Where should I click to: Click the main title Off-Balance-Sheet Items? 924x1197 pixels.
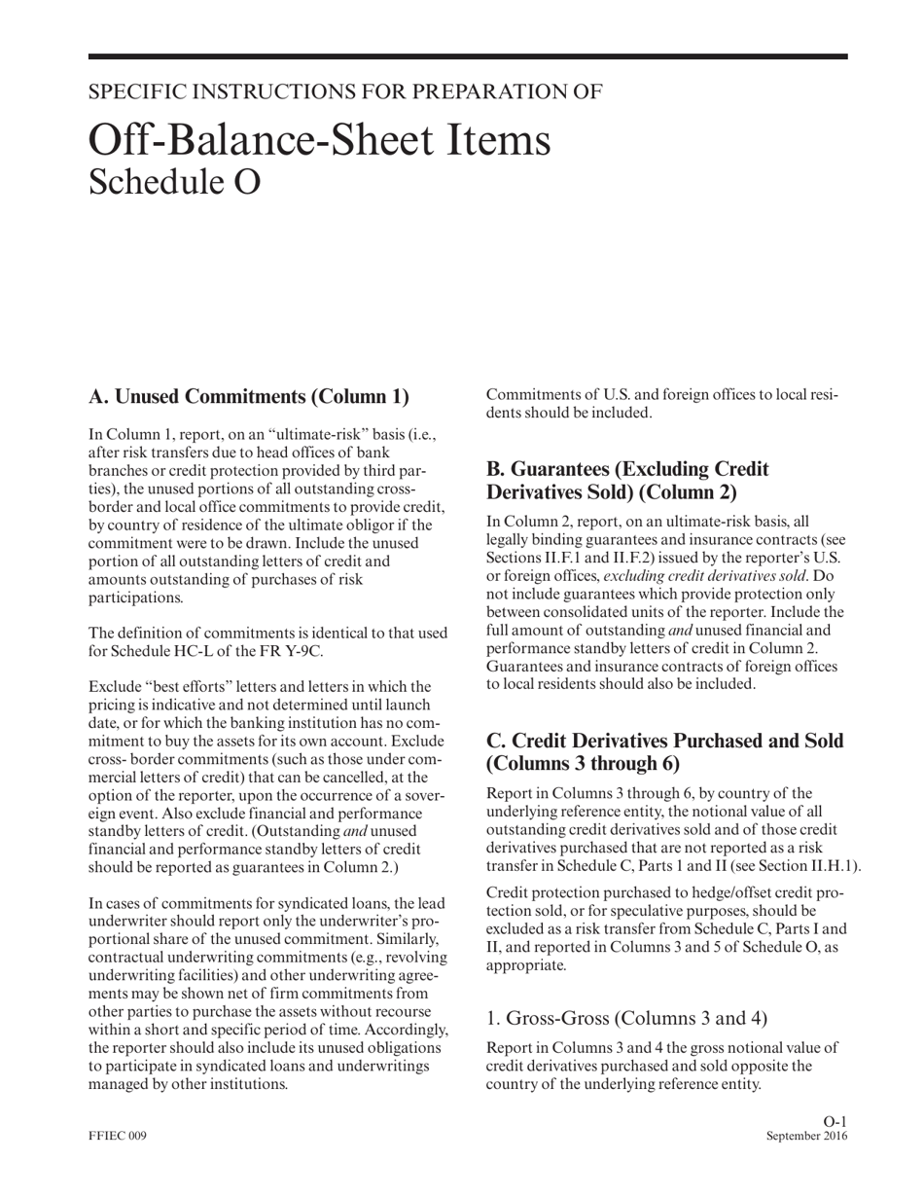(319, 140)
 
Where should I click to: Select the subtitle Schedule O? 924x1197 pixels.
(174, 182)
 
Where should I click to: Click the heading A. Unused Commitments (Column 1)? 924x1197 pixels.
(248, 396)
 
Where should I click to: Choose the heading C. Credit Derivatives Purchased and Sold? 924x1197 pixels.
(664, 751)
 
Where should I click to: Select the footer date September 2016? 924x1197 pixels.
(806, 1137)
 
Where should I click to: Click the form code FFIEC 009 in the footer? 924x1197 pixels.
(118, 1137)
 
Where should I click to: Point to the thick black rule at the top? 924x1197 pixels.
(467, 57)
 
